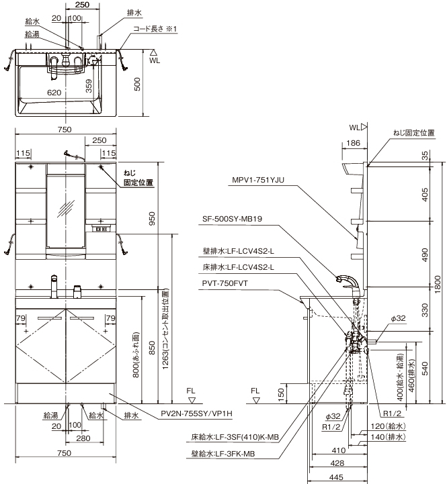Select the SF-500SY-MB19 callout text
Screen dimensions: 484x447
[237, 218]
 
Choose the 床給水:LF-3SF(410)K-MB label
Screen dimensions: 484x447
[234, 438]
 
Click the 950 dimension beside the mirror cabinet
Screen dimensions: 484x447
[152, 219]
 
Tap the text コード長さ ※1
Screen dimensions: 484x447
[153, 29]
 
